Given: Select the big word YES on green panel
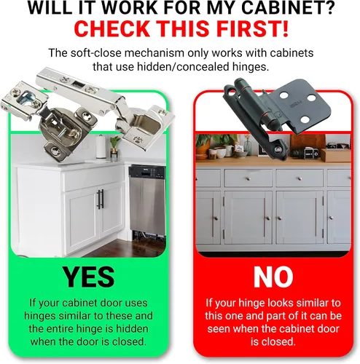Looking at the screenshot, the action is pos(88,277).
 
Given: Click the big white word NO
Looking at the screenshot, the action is pos(273,277).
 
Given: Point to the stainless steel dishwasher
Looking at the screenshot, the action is pos(147,200).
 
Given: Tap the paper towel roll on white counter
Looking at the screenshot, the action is pos(100,147).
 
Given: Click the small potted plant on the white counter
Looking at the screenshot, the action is pos(114,148).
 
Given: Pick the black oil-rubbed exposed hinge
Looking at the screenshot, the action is pos(277,116).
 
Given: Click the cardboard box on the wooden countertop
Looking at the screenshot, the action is pos(336,155).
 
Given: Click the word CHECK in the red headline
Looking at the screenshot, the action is pos(111,28).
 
